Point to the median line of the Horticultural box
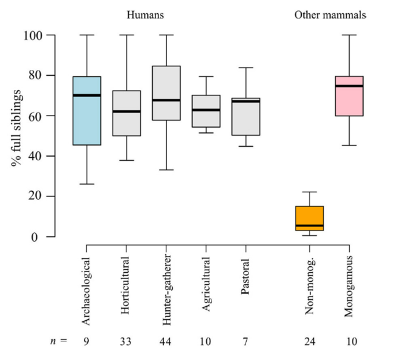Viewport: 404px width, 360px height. [x=127, y=111]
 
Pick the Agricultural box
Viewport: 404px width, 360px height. [x=206, y=111]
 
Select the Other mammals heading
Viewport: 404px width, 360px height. [x=330, y=16]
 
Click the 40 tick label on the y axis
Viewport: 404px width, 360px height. [x=38, y=156]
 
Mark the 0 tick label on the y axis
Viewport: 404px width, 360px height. [x=40, y=236]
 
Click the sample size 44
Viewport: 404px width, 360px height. [x=166, y=342]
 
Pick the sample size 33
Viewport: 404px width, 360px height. [x=127, y=342]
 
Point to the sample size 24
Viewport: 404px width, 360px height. [x=310, y=342]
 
